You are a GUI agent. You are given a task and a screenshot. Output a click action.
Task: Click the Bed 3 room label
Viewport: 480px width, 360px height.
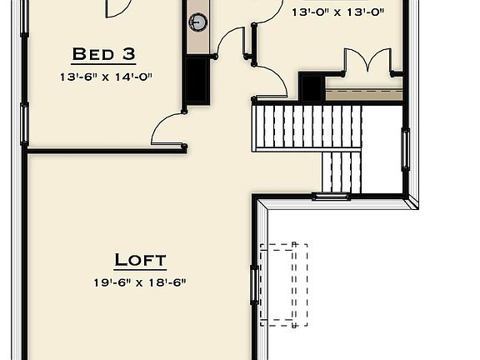click(104, 55)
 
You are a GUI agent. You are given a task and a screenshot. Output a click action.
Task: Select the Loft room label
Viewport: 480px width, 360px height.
click(140, 260)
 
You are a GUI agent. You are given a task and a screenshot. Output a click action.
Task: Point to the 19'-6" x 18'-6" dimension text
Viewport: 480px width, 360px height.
click(140, 282)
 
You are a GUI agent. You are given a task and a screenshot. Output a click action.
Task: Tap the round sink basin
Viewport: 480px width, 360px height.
click(198, 22)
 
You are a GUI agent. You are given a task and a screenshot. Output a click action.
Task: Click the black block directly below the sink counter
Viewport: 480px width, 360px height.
click(197, 81)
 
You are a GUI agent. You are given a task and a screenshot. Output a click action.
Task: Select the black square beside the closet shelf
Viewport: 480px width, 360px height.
click(311, 87)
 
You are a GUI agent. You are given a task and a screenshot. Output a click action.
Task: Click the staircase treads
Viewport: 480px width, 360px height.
click(307, 127)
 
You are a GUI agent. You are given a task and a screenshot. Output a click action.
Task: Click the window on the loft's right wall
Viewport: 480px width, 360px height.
click(255, 296)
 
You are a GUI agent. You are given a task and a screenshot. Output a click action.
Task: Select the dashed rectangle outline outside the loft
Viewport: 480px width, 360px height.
click(283, 284)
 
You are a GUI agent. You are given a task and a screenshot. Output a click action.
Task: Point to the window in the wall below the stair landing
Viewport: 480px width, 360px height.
click(330, 197)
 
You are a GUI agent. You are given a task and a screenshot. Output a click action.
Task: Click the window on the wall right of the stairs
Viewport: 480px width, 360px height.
click(406, 150)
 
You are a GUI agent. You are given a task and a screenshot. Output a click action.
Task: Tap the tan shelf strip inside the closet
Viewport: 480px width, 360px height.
click(363, 95)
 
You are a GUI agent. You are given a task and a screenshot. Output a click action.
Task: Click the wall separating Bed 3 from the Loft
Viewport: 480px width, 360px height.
click(104, 151)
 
